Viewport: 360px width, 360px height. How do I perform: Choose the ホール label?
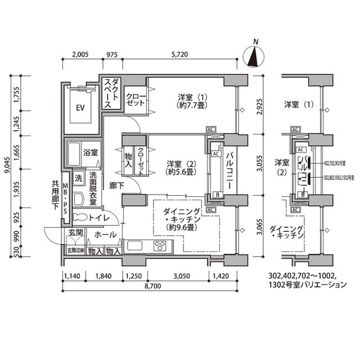tap(106, 235)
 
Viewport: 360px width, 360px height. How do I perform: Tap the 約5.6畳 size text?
tap(181, 173)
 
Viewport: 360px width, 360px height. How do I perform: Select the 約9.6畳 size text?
tap(180, 228)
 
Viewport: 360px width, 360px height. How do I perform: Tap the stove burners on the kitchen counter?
tap(160, 245)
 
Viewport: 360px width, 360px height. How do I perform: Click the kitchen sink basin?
tap(136, 245)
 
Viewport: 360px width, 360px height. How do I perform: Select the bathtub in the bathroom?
tap(74, 152)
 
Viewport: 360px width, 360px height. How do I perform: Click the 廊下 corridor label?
tap(117, 186)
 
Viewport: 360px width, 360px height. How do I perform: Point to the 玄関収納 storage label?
tap(75, 251)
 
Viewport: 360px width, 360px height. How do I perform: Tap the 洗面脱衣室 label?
tap(93, 187)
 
